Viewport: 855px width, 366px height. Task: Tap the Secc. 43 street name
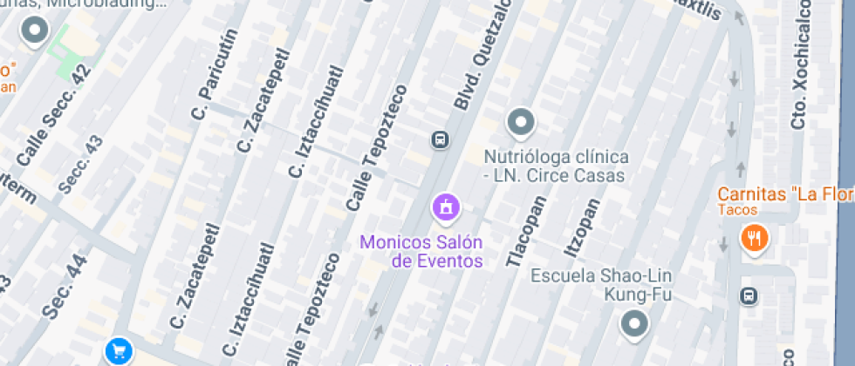point(79,164)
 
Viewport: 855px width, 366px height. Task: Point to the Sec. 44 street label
point(65,285)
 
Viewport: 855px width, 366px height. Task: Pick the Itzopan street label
point(582,229)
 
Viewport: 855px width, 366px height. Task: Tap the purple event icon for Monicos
point(446,207)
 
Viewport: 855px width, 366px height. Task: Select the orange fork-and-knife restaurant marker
point(754,237)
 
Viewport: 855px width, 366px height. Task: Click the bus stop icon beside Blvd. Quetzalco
point(440,139)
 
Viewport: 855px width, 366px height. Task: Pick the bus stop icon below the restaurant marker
point(749,296)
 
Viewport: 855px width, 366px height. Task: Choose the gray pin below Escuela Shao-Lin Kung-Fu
point(633,324)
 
